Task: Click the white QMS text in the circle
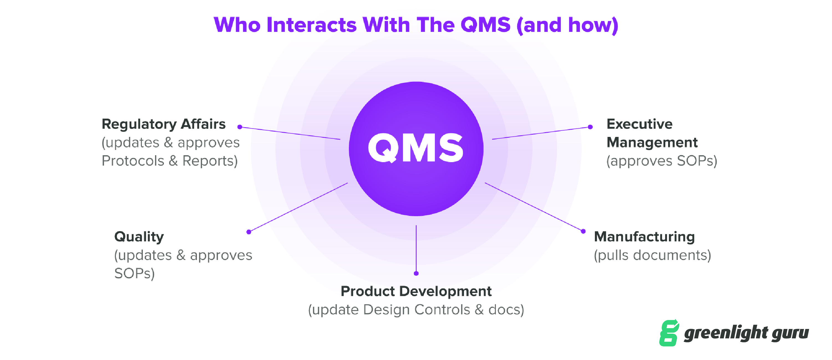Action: (x=416, y=148)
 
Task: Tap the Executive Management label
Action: (x=651, y=133)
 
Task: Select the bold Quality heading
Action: (x=139, y=237)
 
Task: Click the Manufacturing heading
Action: (x=644, y=237)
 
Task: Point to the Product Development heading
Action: (x=416, y=292)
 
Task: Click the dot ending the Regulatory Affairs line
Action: (x=240, y=127)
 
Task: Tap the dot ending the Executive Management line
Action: (x=590, y=127)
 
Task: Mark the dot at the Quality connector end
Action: (x=249, y=232)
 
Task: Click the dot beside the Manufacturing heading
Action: (x=583, y=231)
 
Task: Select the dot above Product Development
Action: (x=416, y=274)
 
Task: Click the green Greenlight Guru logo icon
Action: (x=669, y=333)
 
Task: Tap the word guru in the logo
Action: (x=790, y=333)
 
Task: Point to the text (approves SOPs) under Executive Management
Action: (x=662, y=161)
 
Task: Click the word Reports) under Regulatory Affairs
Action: (x=210, y=161)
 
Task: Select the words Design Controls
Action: (x=417, y=310)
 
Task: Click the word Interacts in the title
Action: (x=311, y=25)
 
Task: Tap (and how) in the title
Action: (x=567, y=25)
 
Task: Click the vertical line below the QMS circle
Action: (x=416, y=249)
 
